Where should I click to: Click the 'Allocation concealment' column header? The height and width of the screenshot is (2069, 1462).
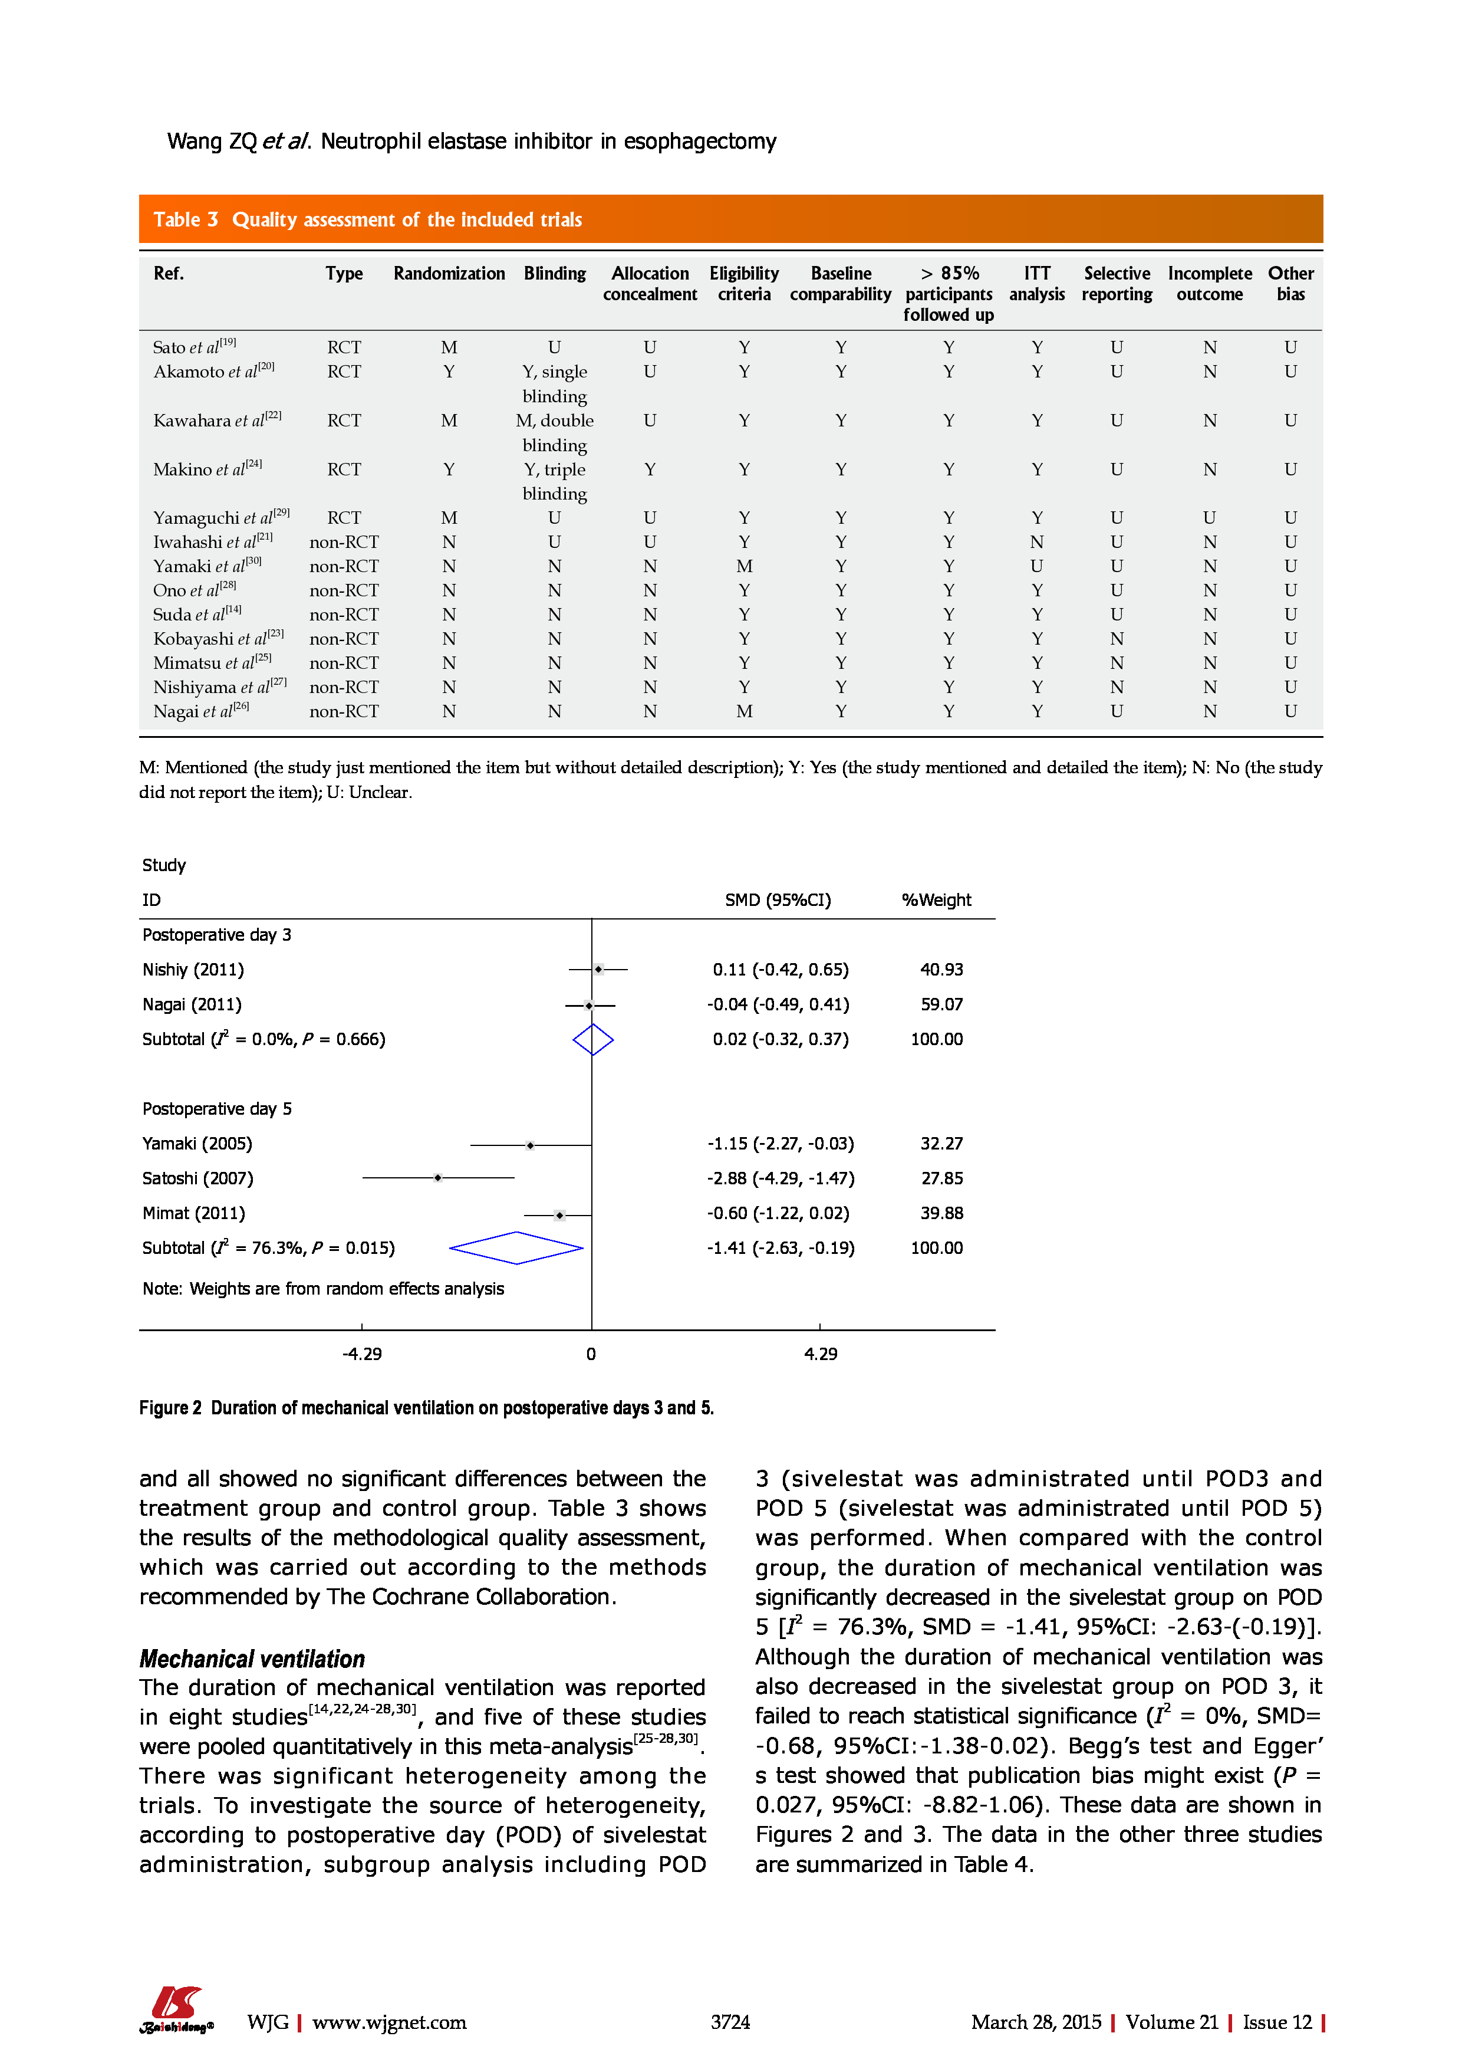(x=650, y=284)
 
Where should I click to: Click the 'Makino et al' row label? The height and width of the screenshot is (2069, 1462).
(x=207, y=469)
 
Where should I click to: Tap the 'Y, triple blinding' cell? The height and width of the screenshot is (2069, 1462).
(x=554, y=481)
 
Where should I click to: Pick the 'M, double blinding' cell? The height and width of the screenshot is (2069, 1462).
(x=554, y=432)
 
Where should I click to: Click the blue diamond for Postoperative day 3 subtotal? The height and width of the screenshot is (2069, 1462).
(x=592, y=1039)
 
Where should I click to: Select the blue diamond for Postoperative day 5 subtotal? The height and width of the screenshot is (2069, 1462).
(x=516, y=1248)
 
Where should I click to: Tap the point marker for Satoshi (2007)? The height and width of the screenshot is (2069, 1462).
(x=438, y=1178)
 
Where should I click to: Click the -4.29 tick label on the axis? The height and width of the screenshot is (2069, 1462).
(x=362, y=1354)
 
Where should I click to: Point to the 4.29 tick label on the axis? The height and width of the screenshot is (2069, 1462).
(x=821, y=1354)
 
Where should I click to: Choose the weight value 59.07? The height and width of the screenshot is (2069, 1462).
(x=941, y=1004)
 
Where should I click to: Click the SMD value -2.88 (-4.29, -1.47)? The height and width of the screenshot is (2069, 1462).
(x=780, y=1178)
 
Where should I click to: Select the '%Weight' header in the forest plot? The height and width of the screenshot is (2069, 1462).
(x=936, y=899)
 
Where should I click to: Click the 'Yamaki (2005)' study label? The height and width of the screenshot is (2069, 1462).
(x=197, y=1144)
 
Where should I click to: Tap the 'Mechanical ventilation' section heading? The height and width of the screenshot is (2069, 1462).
(x=252, y=1659)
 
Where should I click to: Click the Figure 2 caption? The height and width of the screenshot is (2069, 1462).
(x=426, y=1408)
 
